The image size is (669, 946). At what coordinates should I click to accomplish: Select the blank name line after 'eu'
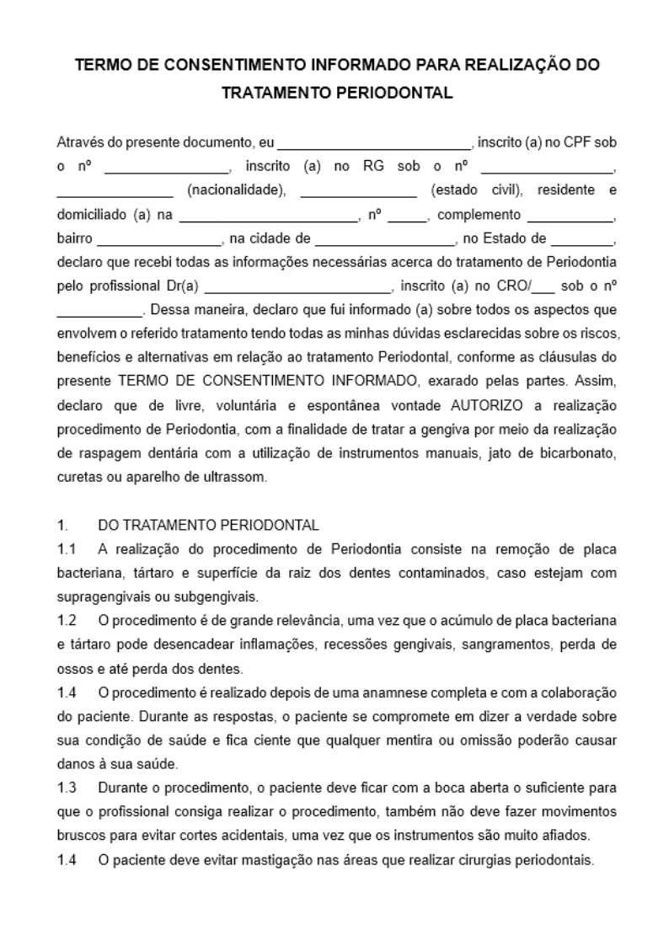coord(375,143)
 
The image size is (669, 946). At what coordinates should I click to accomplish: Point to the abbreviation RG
coord(373,166)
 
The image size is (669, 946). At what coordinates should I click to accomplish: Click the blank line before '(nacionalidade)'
coord(115,190)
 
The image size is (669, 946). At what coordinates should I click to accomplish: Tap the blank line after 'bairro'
coord(159,239)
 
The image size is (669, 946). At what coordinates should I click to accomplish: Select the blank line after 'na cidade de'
coord(385,239)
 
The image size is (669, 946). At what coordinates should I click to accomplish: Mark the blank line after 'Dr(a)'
coord(297,286)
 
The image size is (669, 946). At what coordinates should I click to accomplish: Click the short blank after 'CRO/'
coord(544,286)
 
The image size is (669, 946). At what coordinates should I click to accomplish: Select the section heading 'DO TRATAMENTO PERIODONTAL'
coord(208,525)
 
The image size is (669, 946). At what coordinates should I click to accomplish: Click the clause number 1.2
coord(67,621)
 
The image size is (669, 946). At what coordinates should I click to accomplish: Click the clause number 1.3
coord(67,788)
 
